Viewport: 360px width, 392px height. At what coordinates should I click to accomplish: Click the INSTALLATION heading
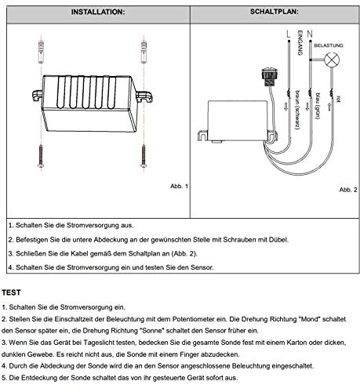93,13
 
